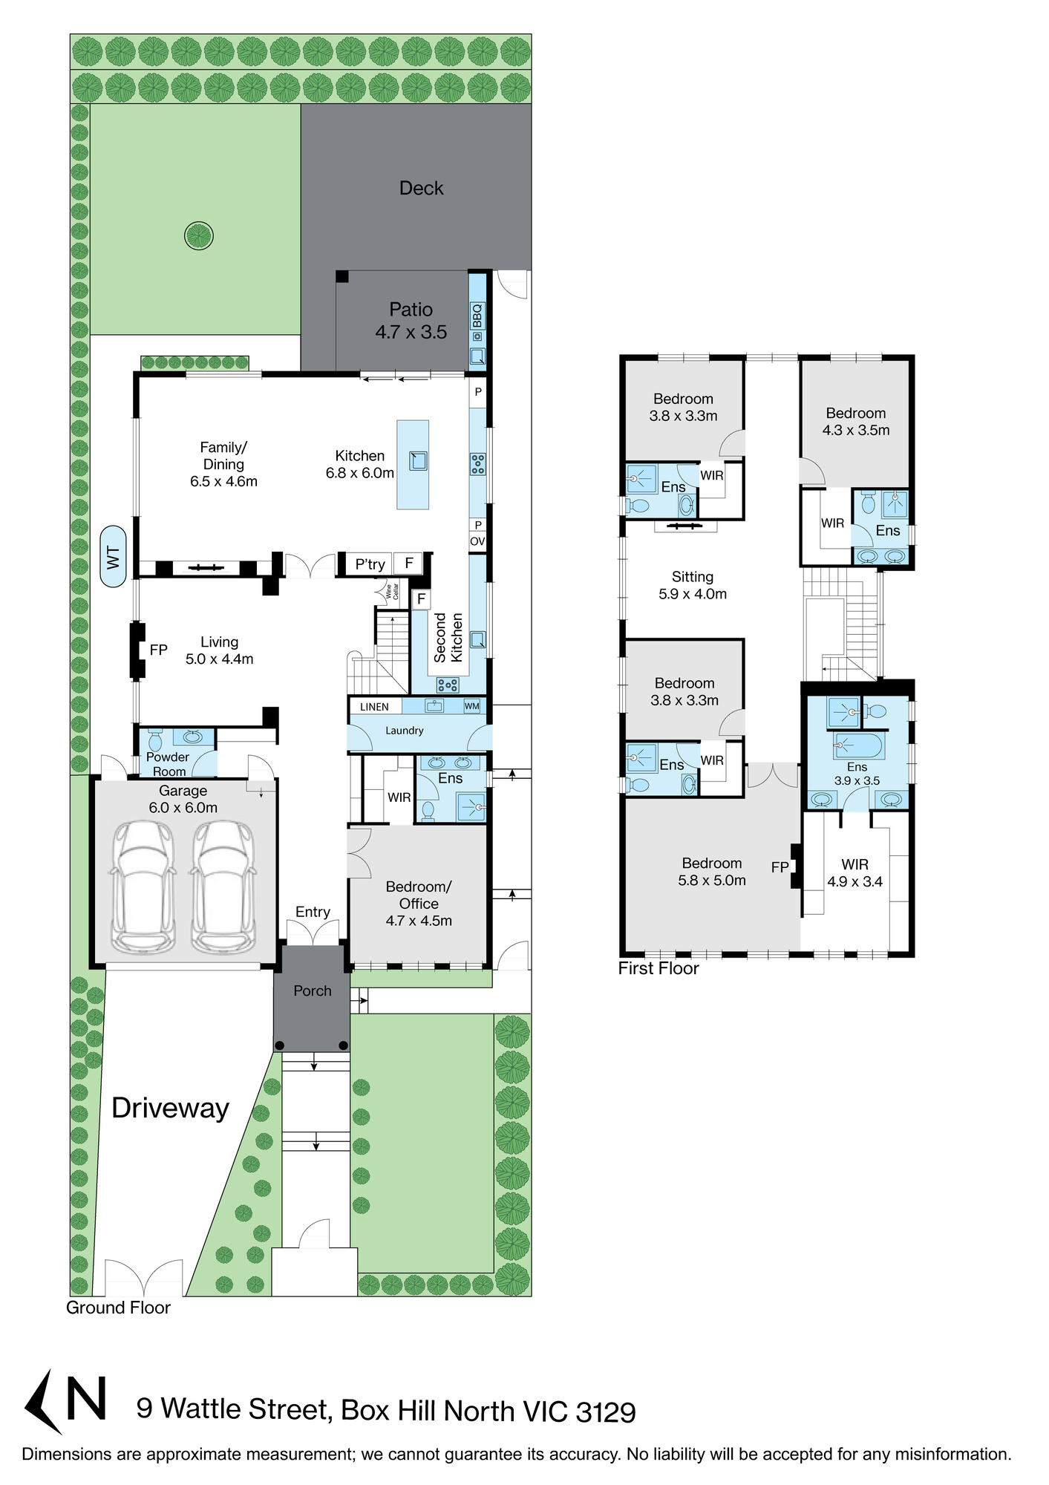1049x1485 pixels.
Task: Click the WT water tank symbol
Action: (113, 556)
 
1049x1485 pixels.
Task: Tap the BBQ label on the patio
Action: (477, 316)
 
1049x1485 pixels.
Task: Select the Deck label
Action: (421, 188)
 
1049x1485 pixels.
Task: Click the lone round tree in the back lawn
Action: (199, 236)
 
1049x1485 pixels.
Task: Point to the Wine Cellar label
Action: (392, 592)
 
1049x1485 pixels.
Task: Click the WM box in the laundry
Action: (472, 706)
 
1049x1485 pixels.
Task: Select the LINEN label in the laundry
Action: (374, 707)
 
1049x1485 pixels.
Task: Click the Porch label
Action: (312, 990)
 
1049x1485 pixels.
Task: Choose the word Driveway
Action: (170, 1108)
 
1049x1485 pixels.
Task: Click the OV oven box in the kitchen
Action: (477, 541)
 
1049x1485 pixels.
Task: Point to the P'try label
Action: (370, 564)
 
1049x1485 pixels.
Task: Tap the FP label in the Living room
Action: (158, 650)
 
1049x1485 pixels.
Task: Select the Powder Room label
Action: (168, 764)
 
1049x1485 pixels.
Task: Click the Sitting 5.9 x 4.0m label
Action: (693, 585)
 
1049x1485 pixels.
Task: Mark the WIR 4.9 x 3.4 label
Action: (855, 873)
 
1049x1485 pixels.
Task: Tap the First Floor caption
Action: (659, 968)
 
